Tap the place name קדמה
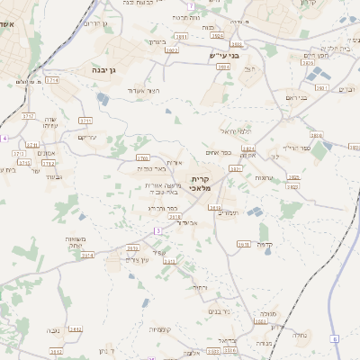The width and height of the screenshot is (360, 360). click(x=265, y=244)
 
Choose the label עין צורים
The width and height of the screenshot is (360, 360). click(x=136, y=259)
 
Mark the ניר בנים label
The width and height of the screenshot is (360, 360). click(x=219, y=311)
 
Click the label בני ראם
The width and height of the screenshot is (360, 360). click(x=296, y=97)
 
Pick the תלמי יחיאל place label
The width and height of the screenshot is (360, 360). click(x=235, y=131)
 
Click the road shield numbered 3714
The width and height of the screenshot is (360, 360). click(x=51, y=80)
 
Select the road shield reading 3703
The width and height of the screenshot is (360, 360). click(x=142, y=157)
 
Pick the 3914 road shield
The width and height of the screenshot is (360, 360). click(x=87, y=255)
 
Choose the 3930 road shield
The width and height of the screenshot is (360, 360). click(x=215, y=208)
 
